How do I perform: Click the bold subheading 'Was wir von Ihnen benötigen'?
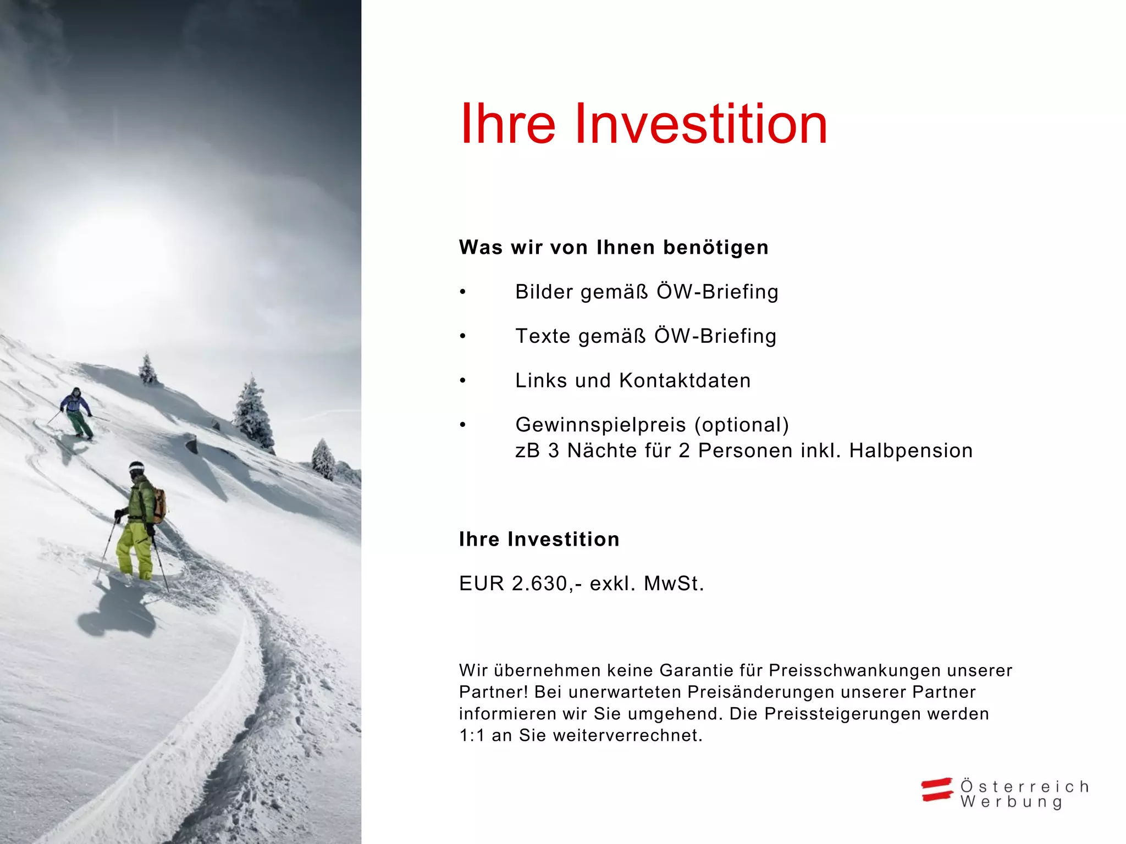(614, 247)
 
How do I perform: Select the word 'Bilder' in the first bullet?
(544, 292)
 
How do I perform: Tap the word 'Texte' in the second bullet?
(542, 336)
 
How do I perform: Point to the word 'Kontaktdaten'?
(685, 381)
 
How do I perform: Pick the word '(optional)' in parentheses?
(742, 425)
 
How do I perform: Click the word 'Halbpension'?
(911, 451)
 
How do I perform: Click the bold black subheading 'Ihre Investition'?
(539, 539)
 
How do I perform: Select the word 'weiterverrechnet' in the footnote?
(627, 735)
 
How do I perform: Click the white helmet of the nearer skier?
(136, 467)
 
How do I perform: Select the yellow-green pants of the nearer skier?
(135, 549)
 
